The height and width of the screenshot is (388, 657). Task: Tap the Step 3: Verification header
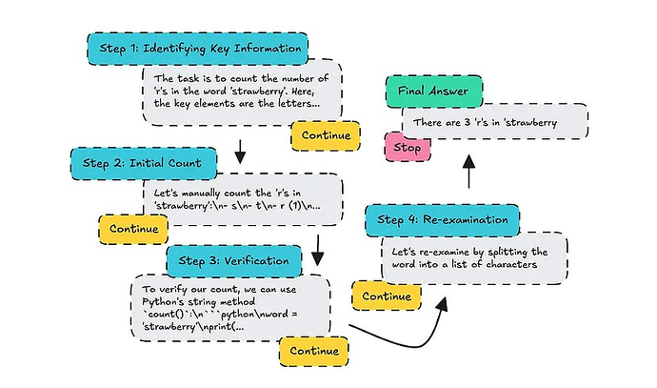234,259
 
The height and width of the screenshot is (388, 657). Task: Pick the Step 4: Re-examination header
443,220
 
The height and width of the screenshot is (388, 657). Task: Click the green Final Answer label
433,92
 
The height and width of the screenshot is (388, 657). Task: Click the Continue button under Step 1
325,134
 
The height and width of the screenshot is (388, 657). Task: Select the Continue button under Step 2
133,229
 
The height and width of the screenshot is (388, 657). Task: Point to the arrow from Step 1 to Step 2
240,149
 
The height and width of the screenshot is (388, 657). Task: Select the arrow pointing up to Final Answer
468,173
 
